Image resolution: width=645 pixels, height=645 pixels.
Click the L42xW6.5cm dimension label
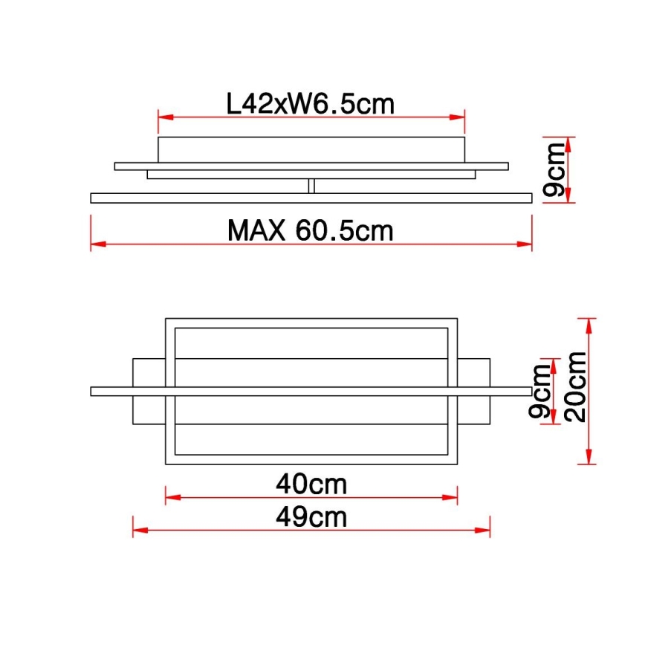310,104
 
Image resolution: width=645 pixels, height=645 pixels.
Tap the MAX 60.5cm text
310,231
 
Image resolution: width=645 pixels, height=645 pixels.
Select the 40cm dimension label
311,484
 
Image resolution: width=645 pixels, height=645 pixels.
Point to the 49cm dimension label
311,516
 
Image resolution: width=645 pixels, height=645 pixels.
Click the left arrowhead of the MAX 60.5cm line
95,244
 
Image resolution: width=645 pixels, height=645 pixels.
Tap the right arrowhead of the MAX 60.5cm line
528,244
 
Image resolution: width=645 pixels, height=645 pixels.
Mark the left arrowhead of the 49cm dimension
137,530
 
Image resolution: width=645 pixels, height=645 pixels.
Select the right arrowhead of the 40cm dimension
453,497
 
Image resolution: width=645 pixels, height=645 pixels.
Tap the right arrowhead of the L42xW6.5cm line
460,117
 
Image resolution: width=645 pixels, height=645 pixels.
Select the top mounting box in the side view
311,149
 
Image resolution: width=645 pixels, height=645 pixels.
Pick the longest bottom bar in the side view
311,198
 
